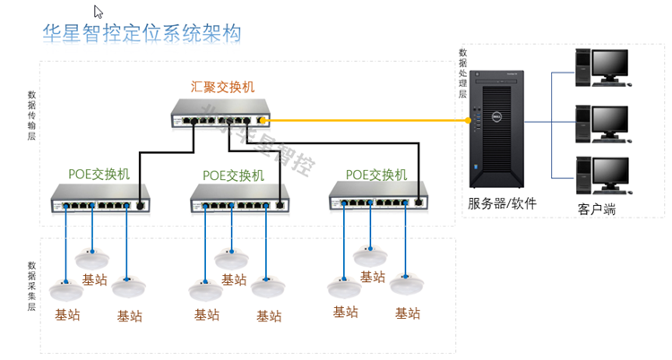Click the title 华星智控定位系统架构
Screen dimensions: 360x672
pos(142,33)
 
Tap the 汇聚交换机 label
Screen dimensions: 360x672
pos(223,87)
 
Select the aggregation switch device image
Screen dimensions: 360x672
pos(220,114)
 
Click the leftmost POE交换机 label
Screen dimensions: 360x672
pos(99,174)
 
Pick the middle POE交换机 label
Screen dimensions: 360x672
pos(234,175)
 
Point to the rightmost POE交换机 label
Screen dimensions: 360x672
pos(376,174)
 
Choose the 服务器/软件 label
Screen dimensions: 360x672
pos(502,203)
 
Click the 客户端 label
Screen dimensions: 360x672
pos(601,210)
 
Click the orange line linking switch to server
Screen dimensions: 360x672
pos(367,119)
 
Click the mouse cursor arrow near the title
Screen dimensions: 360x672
pos(98,12)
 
